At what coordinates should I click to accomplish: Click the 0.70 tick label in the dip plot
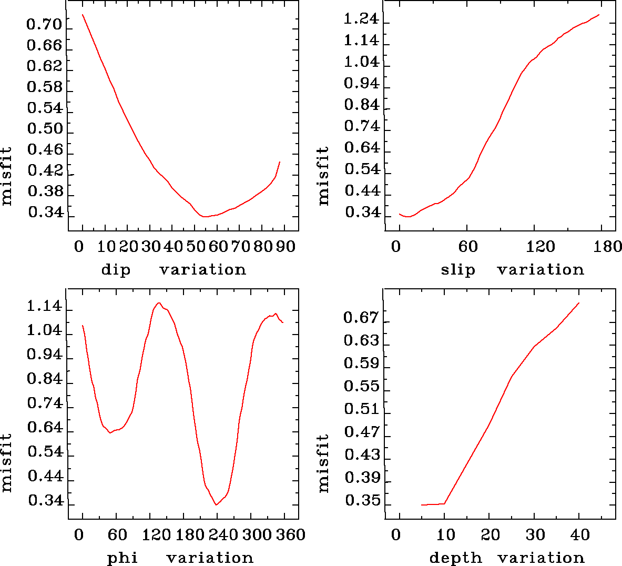tap(44, 25)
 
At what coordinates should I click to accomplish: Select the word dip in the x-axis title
tap(116, 270)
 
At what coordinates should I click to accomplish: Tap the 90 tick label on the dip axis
tap(286, 246)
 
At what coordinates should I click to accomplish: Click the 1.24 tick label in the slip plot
tap(361, 19)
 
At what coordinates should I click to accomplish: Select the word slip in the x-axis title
tap(458, 270)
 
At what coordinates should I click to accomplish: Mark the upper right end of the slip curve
tap(599, 15)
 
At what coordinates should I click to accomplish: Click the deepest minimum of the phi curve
tap(216, 504)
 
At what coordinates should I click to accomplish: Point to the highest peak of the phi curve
tap(158, 302)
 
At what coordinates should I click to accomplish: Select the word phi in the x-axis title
tap(123, 558)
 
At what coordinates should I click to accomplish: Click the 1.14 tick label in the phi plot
tap(45, 307)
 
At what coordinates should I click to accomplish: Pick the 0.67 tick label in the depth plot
tap(361, 318)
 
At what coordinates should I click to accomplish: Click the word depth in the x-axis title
tap(455, 558)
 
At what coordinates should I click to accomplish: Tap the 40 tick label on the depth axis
tap(580, 535)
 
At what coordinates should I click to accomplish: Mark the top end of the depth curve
tap(579, 303)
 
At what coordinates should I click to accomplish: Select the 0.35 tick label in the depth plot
tap(362, 501)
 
